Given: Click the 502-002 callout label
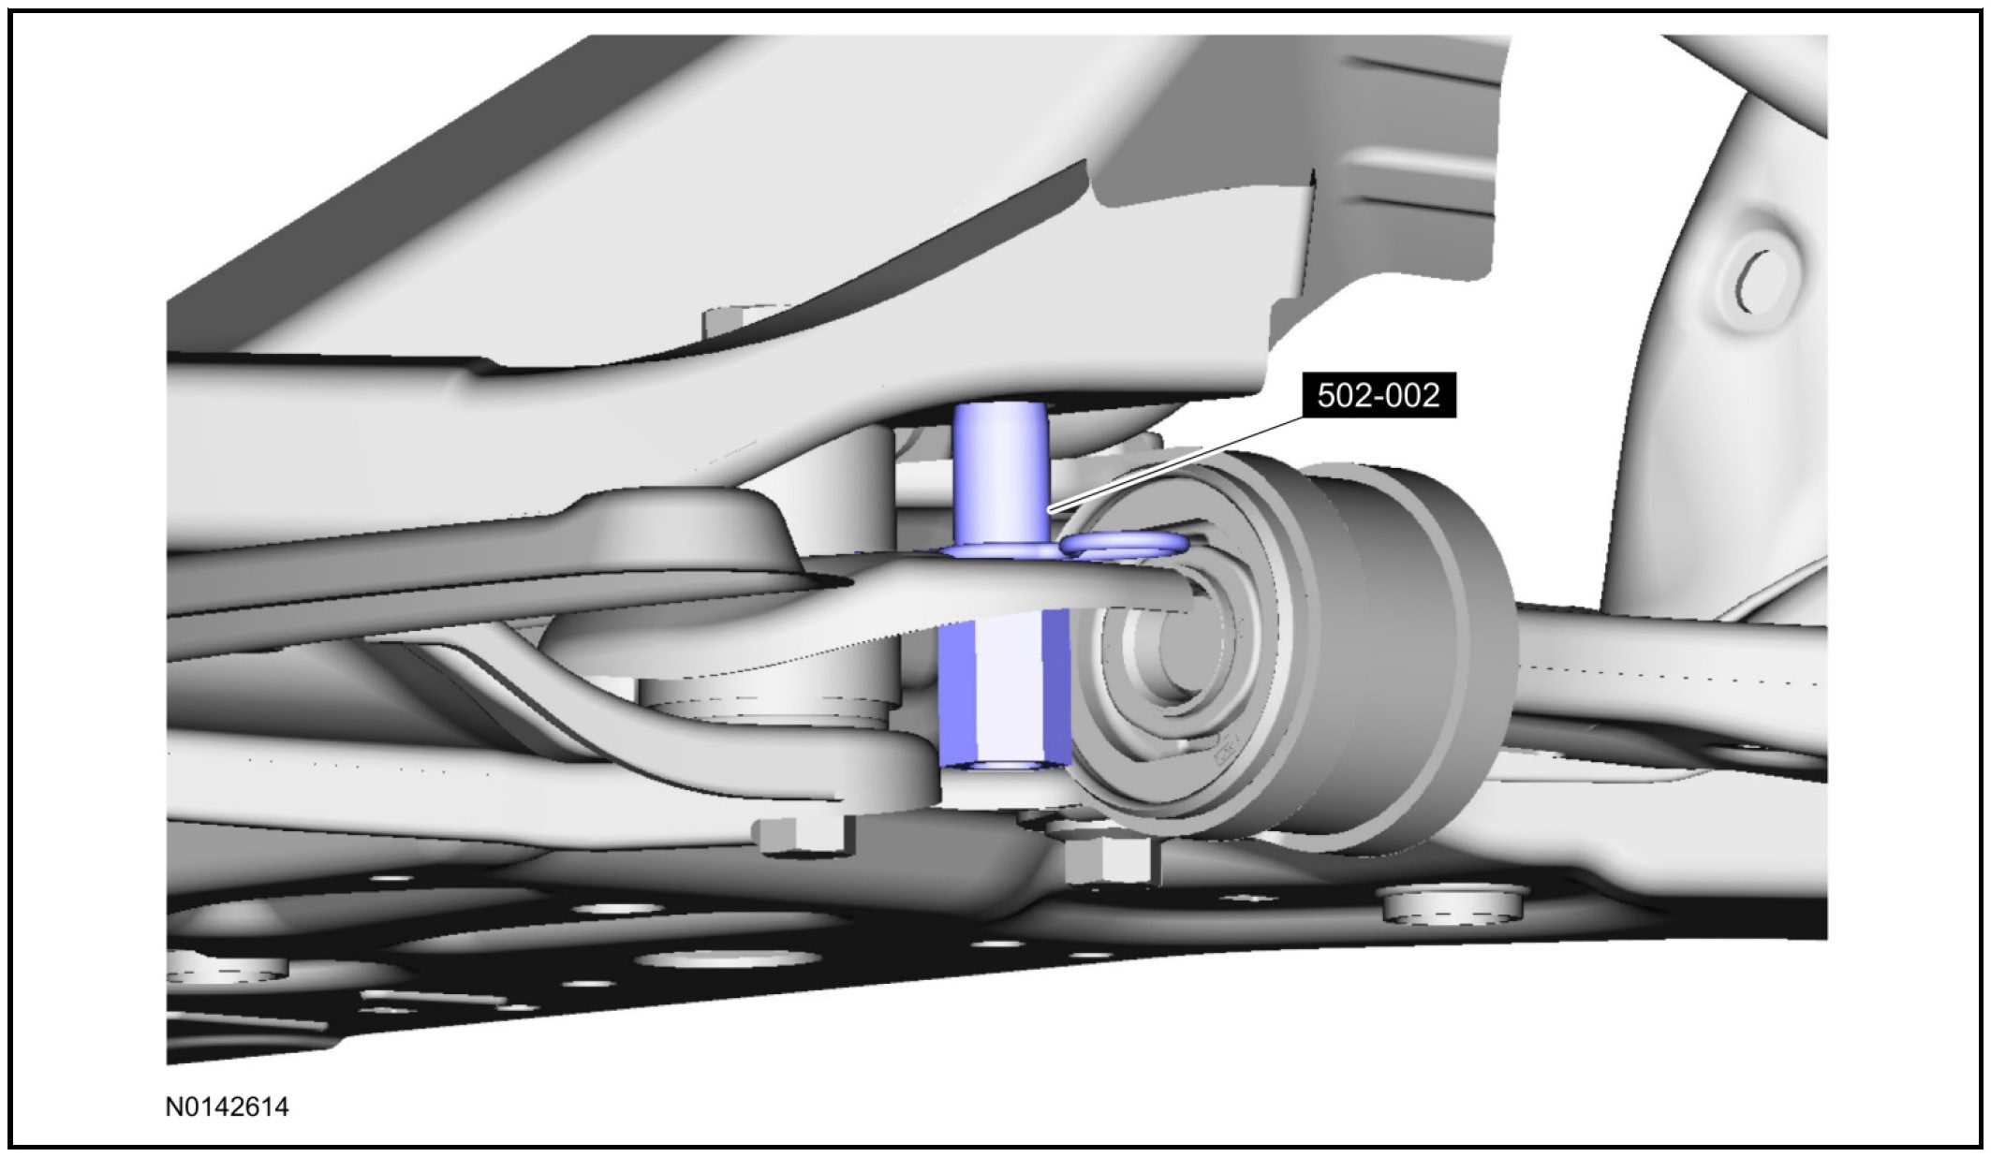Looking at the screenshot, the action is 1378,396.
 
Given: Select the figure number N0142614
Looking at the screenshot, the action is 228,1107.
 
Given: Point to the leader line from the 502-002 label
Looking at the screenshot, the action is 1176,464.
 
